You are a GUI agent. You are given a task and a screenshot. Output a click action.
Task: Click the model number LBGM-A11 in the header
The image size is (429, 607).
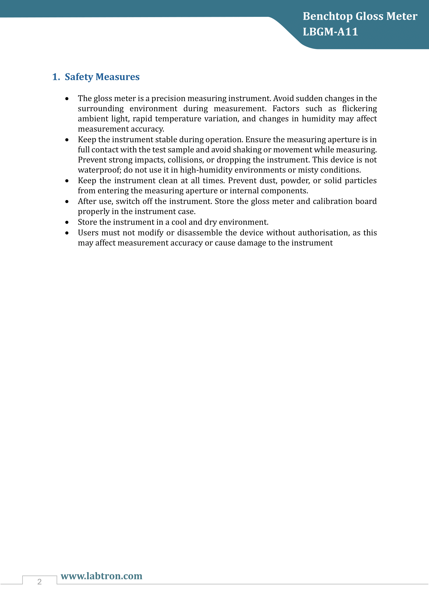330,32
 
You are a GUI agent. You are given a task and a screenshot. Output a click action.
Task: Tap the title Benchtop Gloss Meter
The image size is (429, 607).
360,16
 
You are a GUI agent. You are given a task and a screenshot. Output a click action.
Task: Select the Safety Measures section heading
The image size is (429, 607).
102,77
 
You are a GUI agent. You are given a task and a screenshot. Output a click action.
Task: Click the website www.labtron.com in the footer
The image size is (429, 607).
101,576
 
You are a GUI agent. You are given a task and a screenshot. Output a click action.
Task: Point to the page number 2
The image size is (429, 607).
40,582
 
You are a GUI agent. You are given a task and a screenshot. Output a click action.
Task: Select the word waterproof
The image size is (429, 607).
99,170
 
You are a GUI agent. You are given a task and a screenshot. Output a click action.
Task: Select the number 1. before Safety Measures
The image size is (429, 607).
56,77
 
